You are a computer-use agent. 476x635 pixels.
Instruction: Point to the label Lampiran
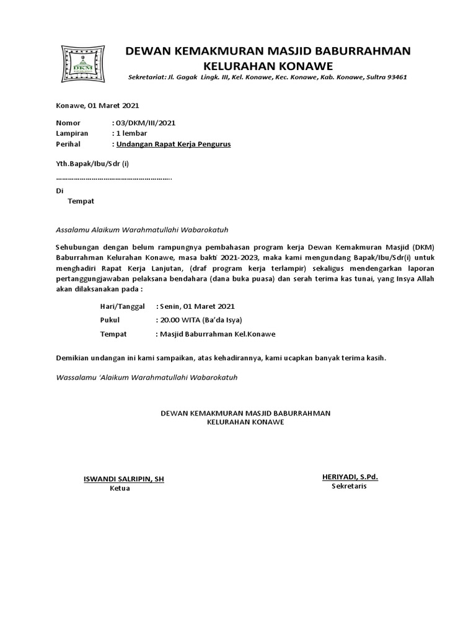point(72,133)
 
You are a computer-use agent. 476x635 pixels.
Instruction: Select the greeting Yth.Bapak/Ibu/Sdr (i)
point(92,164)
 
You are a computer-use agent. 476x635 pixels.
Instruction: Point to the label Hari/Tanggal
point(122,306)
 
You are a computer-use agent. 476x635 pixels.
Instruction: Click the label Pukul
point(110,320)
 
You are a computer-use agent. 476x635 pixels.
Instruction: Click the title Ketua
point(120,488)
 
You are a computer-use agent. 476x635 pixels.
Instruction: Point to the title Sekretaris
point(349,486)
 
